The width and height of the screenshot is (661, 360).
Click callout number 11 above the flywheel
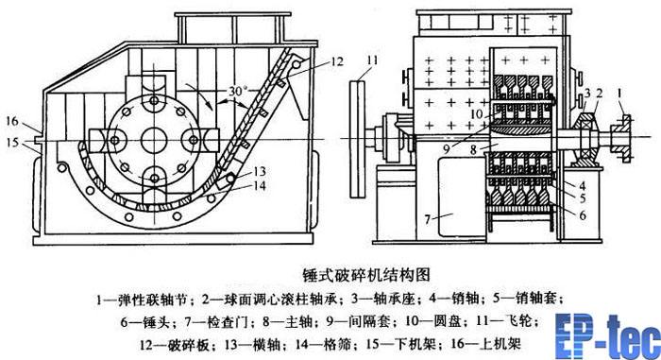click(372, 60)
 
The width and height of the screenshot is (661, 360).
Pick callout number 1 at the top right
click(619, 92)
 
